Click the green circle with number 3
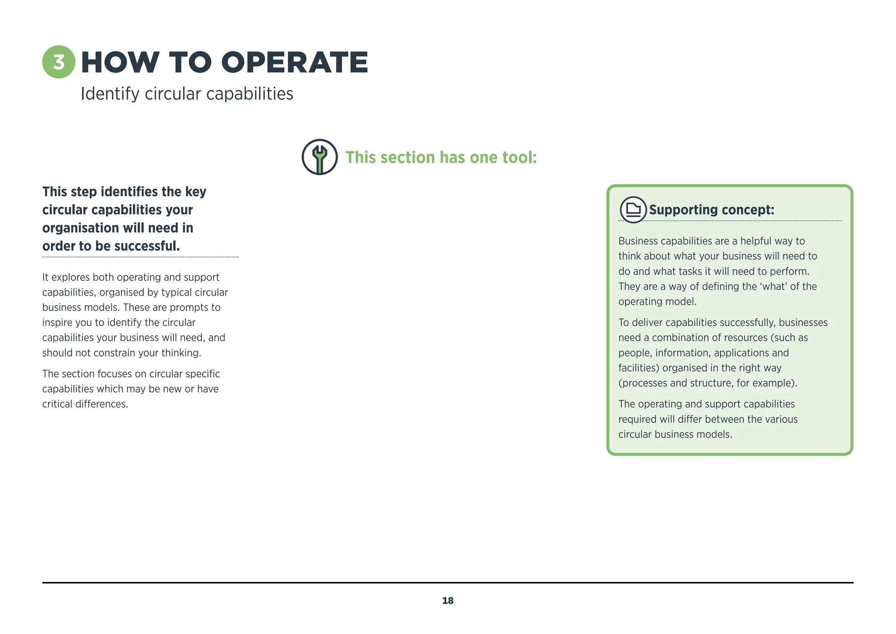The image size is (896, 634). pyautogui.click(x=59, y=62)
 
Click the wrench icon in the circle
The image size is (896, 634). pyautogui.click(x=319, y=157)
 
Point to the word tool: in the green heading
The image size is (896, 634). pyautogui.click(x=519, y=158)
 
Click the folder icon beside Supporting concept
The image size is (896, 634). pyautogui.click(x=633, y=210)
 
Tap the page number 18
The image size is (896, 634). pyautogui.click(x=448, y=601)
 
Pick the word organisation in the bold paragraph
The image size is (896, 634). pyautogui.click(x=80, y=228)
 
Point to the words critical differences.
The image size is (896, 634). pyautogui.click(x=85, y=404)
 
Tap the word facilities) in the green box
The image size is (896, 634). pyautogui.click(x=638, y=368)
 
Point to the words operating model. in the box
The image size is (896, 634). pyautogui.click(x=657, y=302)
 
